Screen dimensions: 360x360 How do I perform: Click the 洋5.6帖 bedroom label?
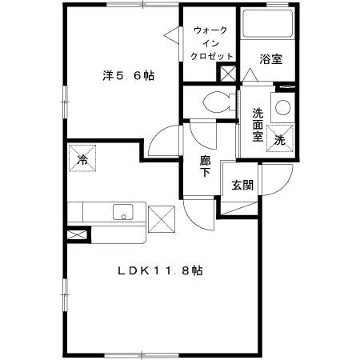(128, 77)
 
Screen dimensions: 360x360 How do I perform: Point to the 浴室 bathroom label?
(270, 58)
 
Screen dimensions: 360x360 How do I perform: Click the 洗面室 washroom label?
(258, 124)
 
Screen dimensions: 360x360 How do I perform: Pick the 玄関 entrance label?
(242, 186)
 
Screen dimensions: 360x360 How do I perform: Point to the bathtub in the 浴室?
(269, 25)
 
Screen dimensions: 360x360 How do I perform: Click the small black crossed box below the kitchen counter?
(77, 236)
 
